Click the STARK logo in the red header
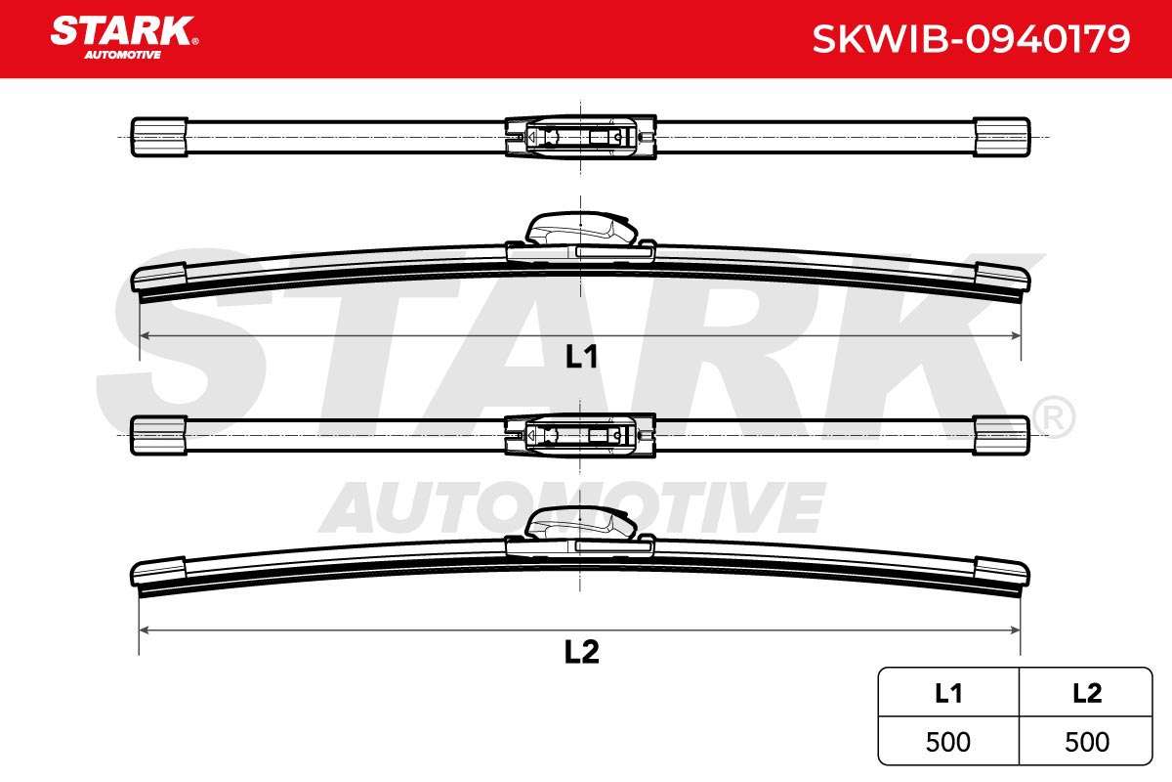124,37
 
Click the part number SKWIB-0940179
971,39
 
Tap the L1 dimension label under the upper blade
582,357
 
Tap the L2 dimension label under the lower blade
581,652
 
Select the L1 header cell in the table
948,693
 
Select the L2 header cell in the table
1086,693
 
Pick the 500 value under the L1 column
948,742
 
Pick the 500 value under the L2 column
1087,742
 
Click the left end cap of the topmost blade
159,137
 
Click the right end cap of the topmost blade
1001,137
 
